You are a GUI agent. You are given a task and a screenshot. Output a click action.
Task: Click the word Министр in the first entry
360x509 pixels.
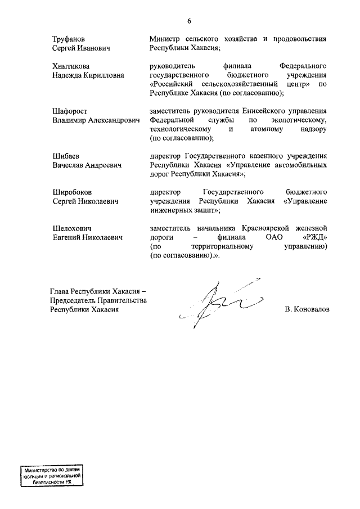[x=165, y=39]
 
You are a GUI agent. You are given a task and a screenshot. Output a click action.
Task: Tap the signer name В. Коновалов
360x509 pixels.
[x=307, y=309]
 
